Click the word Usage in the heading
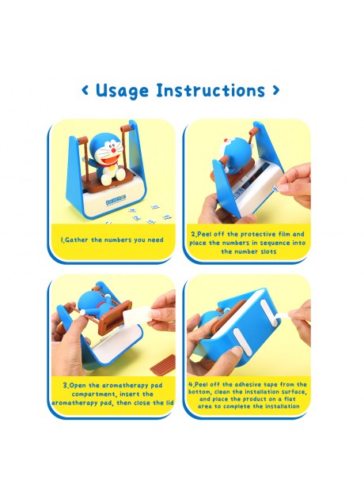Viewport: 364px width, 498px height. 122,91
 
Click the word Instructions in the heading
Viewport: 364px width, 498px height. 210,90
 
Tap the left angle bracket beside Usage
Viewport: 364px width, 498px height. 85,91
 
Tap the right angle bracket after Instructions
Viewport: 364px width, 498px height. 276,91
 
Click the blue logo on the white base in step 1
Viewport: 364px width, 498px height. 116,200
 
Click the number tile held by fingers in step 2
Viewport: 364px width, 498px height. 275,189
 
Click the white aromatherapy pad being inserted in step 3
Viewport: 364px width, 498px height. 136,314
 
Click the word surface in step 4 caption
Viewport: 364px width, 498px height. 294,392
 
